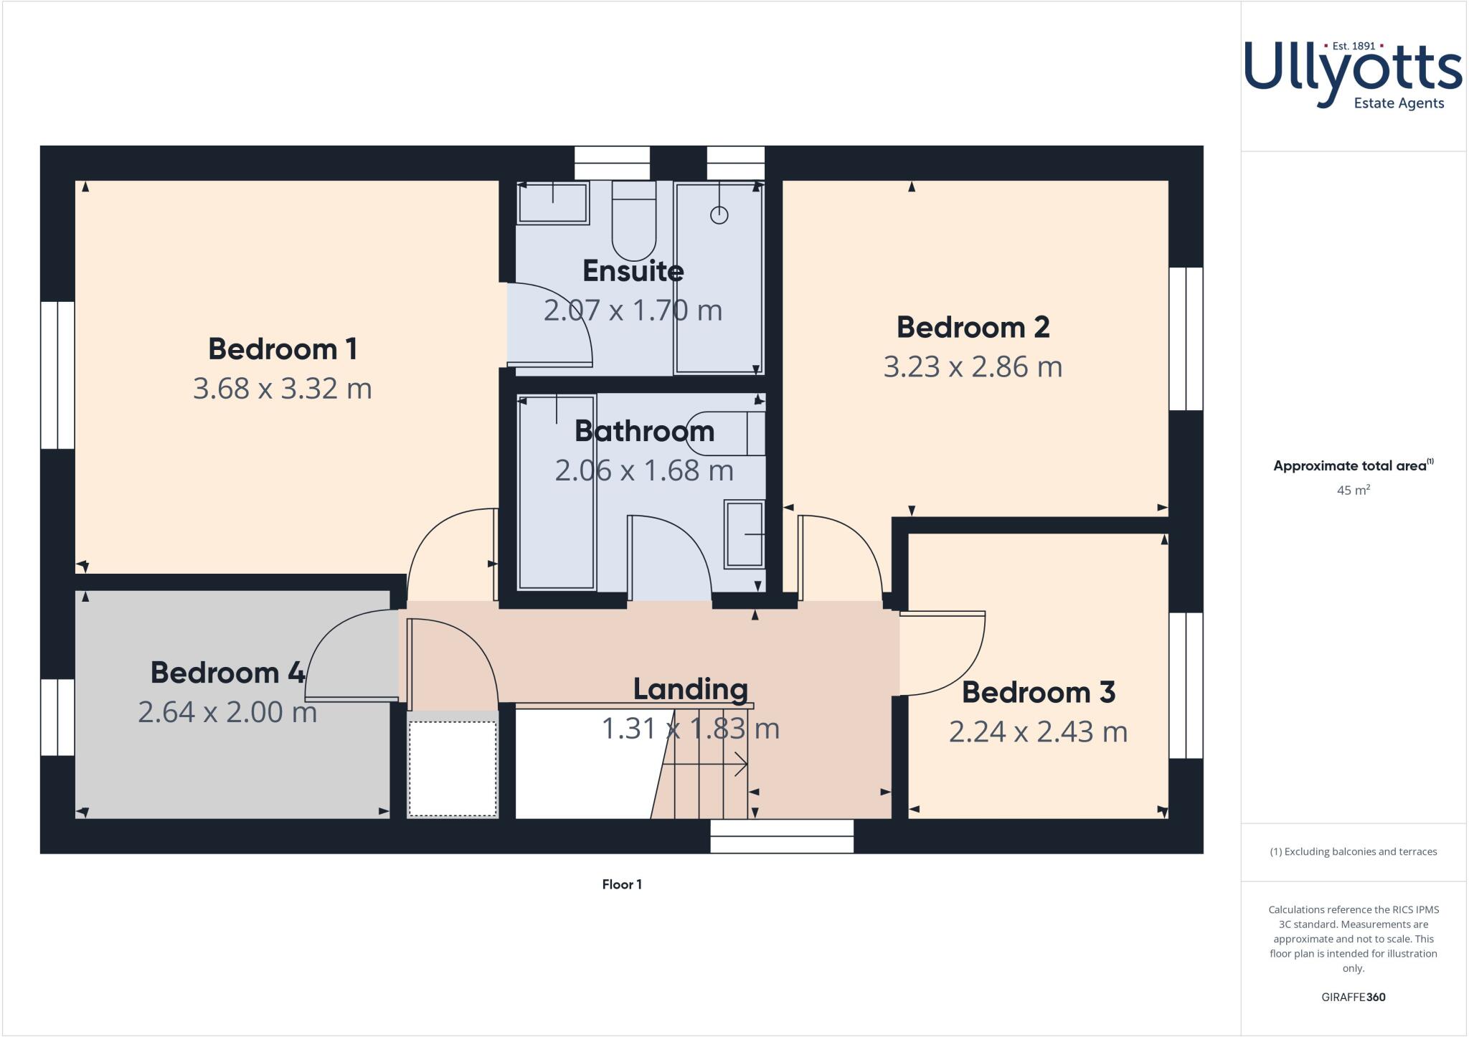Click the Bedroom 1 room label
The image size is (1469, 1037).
[283, 349]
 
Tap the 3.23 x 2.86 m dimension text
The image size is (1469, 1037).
[973, 366]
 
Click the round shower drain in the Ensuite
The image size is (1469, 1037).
[719, 214]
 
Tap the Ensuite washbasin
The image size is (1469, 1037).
[552, 202]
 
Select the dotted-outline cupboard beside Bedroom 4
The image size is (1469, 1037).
[453, 768]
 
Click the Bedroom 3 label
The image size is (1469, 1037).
[1038, 693]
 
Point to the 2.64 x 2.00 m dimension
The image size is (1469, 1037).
[227, 712]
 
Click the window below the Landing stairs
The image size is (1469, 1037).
[782, 836]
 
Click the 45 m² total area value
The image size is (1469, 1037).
[1353, 491]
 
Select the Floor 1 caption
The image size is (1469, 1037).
[622, 884]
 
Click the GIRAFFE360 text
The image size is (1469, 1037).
[1353, 997]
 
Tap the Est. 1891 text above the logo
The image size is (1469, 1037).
[1353, 46]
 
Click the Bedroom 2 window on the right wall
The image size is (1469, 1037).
[1186, 338]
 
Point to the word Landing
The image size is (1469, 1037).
[690, 689]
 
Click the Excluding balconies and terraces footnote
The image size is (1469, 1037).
[1353, 852]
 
